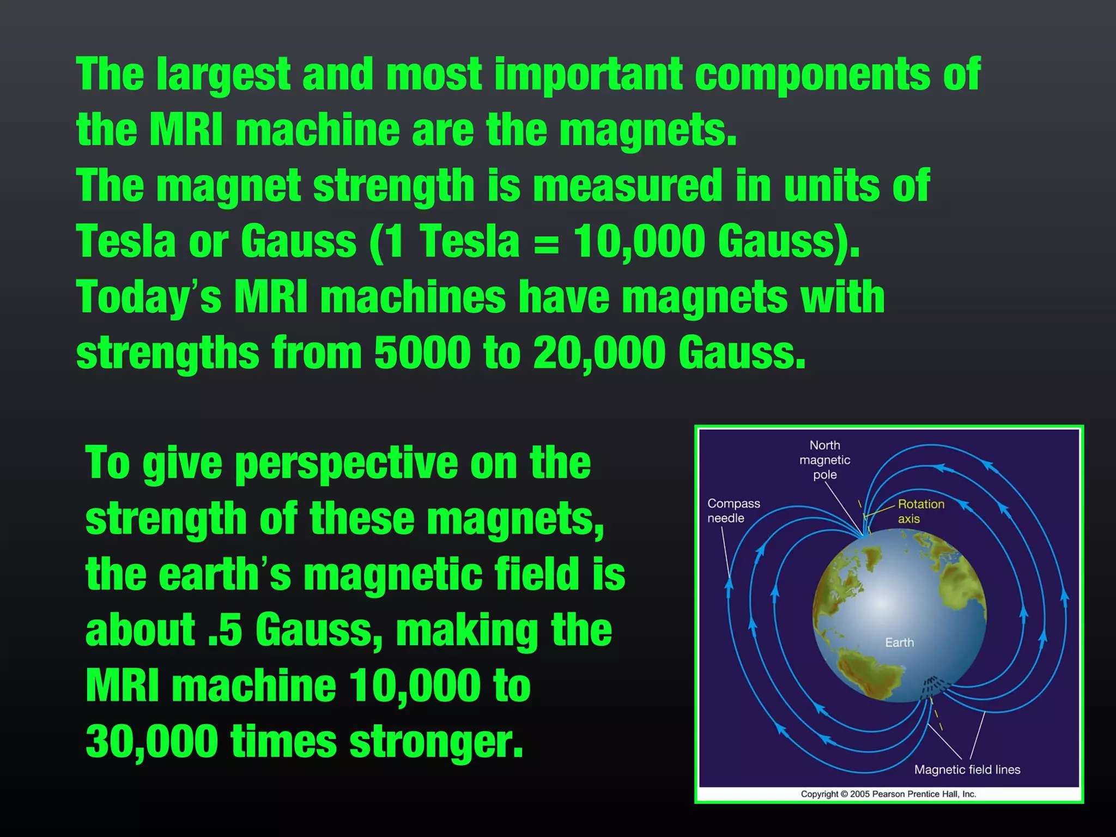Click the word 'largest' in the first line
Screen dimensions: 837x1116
[x=223, y=75]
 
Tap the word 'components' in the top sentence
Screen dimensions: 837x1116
[x=812, y=75]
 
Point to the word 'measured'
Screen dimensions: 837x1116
[x=627, y=186]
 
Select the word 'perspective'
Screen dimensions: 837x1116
[x=347, y=464]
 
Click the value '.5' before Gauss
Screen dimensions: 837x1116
[x=225, y=630]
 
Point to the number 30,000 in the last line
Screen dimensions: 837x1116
[x=151, y=742]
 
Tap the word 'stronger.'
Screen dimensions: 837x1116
[x=436, y=743]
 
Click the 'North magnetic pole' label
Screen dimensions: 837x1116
[x=824, y=460]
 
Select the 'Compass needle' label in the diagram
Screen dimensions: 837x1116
[x=733, y=511]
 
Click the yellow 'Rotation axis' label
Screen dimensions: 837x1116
[x=921, y=511]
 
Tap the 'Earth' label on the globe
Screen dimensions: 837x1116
[x=899, y=642]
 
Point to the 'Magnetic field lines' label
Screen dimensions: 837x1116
[x=967, y=769]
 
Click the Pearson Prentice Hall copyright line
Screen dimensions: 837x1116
[x=888, y=794]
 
